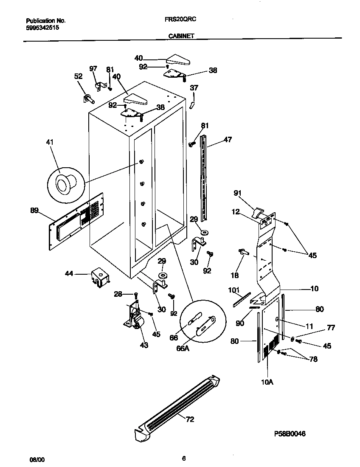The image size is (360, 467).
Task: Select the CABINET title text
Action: click(x=181, y=36)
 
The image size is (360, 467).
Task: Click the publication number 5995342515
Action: click(x=42, y=27)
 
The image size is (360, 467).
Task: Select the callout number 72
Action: click(x=189, y=419)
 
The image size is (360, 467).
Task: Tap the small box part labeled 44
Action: click(x=100, y=277)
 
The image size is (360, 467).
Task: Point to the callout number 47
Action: click(x=228, y=139)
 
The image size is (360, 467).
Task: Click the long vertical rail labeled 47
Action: click(x=205, y=178)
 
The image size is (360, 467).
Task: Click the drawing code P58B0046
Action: click(x=290, y=433)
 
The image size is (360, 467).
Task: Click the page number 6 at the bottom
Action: click(x=183, y=458)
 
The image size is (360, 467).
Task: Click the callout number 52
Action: click(x=78, y=76)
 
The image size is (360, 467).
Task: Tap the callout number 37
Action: click(x=194, y=88)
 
